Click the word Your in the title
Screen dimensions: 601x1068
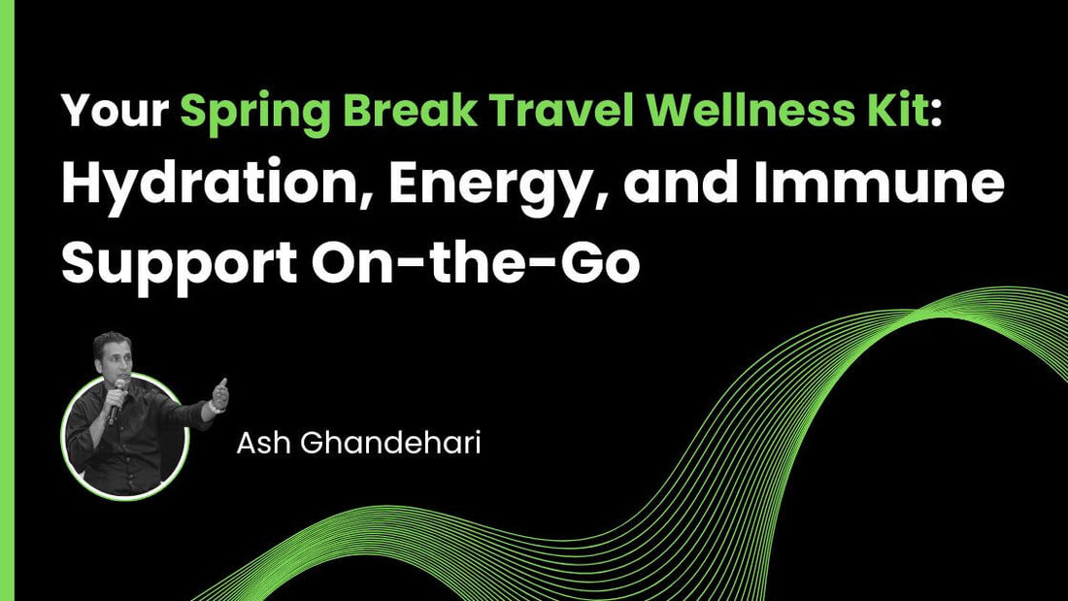click(x=114, y=114)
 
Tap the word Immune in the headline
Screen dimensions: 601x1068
click(x=874, y=185)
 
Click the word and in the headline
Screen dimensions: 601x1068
click(x=671, y=185)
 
